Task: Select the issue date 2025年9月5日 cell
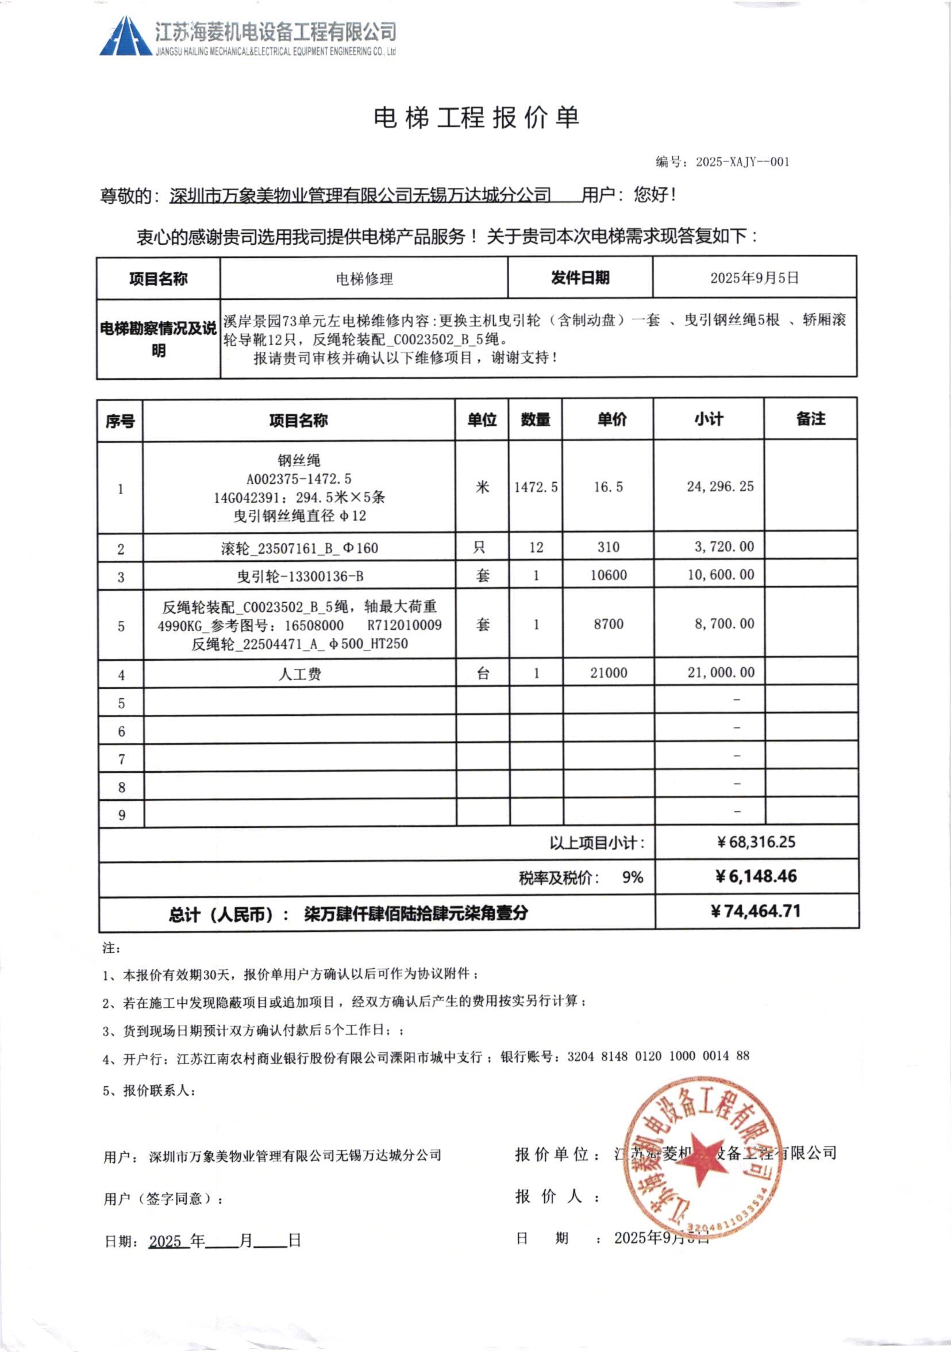click(x=754, y=278)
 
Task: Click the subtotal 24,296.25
click(x=719, y=487)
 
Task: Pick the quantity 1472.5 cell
click(x=536, y=487)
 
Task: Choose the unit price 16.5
click(x=608, y=487)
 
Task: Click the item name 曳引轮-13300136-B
click(x=300, y=576)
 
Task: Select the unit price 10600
click(x=609, y=575)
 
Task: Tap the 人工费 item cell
click(x=300, y=673)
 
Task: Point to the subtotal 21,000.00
click(x=721, y=672)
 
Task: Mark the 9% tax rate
click(x=633, y=877)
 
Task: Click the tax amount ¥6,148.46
click(x=756, y=876)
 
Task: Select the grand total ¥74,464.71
click(x=756, y=911)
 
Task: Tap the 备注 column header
click(x=810, y=419)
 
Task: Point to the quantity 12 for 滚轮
click(x=536, y=548)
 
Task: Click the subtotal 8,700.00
click(x=723, y=623)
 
